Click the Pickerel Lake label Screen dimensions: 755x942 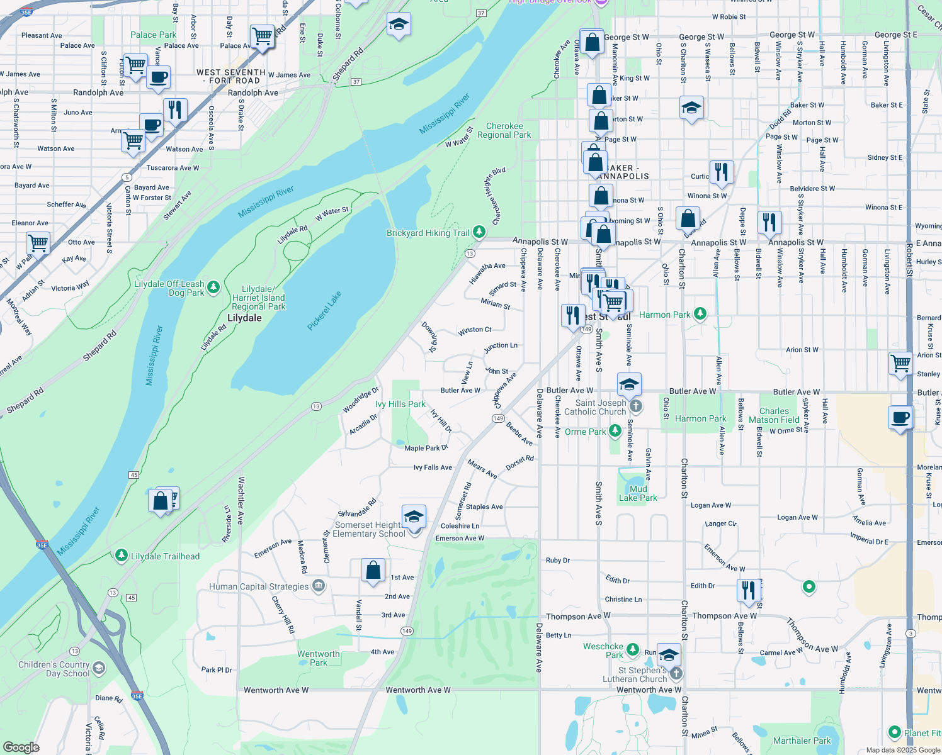tap(325, 310)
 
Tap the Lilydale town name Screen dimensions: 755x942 tap(244, 318)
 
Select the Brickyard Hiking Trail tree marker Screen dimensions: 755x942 tap(479, 232)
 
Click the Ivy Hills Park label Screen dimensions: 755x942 tap(400, 404)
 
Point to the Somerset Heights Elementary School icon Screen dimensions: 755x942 tap(414, 517)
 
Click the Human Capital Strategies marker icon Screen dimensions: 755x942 tap(319, 586)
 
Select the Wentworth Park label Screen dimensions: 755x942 tap(319, 658)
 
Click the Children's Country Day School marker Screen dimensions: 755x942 tap(99, 668)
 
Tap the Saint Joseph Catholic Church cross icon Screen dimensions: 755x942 tap(636, 406)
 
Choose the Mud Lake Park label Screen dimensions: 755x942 tap(638, 493)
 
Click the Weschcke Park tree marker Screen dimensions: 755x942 tap(632, 647)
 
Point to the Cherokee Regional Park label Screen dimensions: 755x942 tap(504, 130)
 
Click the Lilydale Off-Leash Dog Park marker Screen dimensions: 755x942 tap(213, 288)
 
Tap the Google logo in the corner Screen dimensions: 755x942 tap(21, 747)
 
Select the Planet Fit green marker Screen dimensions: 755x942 tap(894, 732)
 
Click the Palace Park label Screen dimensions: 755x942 tap(153, 35)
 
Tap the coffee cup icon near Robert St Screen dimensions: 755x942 tap(901, 417)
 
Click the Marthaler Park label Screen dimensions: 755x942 tap(802, 741)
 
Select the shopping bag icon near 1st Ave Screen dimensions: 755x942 tap(373, 570)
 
